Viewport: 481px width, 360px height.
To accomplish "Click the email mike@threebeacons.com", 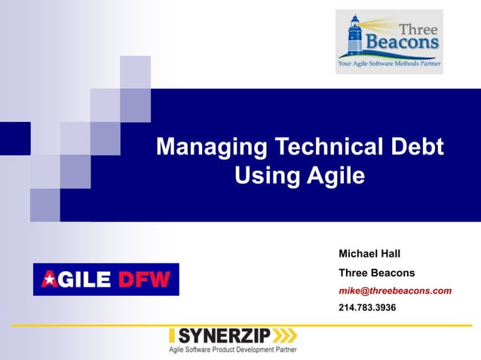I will tap(395, 290).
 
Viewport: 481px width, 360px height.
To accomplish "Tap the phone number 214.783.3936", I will tap(367, 308).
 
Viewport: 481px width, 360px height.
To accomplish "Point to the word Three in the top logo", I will tap(418, 28).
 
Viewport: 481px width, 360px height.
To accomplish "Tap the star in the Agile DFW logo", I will tap(49, 280).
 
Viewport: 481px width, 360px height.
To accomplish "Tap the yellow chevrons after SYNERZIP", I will tap(284, 336).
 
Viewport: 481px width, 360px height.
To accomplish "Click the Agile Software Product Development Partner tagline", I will tap(231, 350).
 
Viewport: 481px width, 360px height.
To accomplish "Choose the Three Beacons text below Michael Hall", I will tap(376, 272).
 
